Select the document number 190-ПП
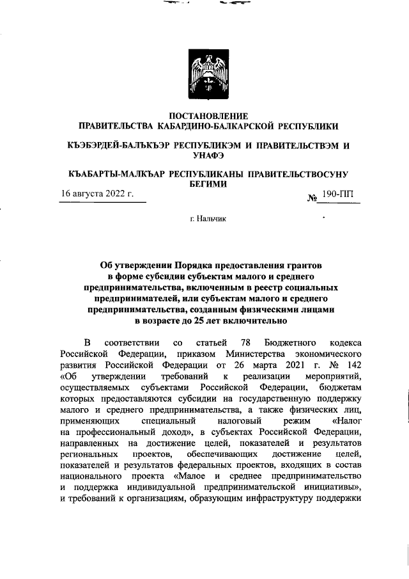pos(341,193)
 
